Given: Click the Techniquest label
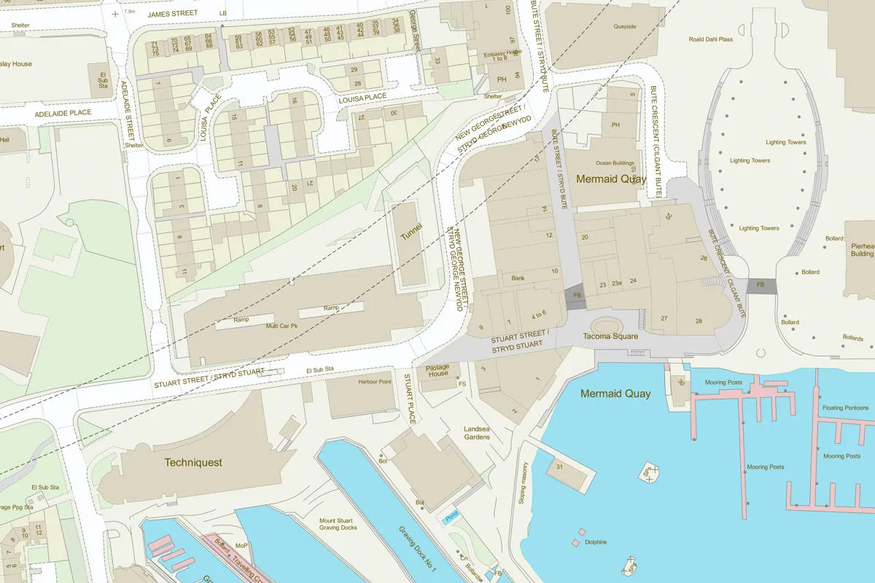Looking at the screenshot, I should point(193,462).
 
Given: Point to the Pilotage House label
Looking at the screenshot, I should point(437,370).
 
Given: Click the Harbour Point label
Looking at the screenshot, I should point(375,382).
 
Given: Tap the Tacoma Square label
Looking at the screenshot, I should point(610,336).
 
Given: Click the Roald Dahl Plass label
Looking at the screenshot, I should point(710,39).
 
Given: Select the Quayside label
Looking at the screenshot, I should point(625,27).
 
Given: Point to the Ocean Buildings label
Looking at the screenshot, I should point(615,163).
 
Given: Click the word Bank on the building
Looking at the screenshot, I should point(518,278).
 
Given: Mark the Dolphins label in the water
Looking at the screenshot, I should point(596,542).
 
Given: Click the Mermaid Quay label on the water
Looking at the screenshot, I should point(615,394).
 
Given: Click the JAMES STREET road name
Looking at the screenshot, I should point(172,14).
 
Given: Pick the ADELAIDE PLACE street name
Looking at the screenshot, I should point(63,113).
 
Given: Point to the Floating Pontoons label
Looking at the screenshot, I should point(845,408).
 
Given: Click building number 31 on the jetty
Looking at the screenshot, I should point(560,466).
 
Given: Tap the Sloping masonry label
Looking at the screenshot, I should point(524,485).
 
